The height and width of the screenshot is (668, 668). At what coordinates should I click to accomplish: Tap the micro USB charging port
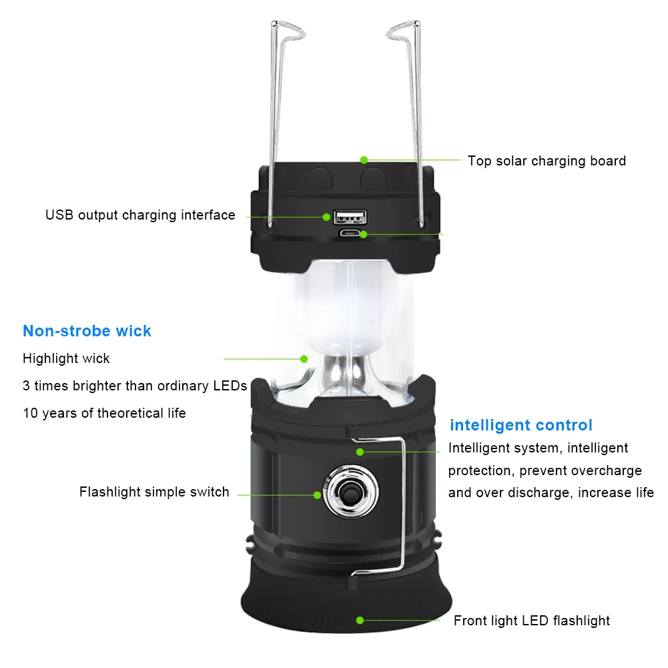point(350,234)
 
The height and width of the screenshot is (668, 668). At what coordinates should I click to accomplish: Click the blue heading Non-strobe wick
point(87,331)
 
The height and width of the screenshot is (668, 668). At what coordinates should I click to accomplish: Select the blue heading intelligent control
point(521,425)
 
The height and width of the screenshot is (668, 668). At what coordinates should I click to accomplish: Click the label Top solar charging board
point(547,161)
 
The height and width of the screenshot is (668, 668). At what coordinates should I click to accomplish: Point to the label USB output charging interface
point(140,215)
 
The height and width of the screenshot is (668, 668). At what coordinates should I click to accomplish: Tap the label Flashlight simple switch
point(154,492)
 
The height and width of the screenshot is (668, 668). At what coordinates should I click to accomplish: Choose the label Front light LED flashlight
point(531,621)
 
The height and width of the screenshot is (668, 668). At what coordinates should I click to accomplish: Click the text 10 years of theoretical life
point(104,413)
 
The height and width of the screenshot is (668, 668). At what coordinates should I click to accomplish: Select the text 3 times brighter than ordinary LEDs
point(135,386)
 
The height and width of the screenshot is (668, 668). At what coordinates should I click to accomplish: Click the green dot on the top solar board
point(364,160)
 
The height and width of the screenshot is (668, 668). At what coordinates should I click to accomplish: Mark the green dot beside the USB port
point(327,216)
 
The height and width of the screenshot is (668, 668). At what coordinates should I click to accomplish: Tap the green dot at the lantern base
point(360,620)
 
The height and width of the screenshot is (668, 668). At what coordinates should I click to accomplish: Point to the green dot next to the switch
point(318,494)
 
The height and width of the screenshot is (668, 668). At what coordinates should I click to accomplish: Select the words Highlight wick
point(66,358)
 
